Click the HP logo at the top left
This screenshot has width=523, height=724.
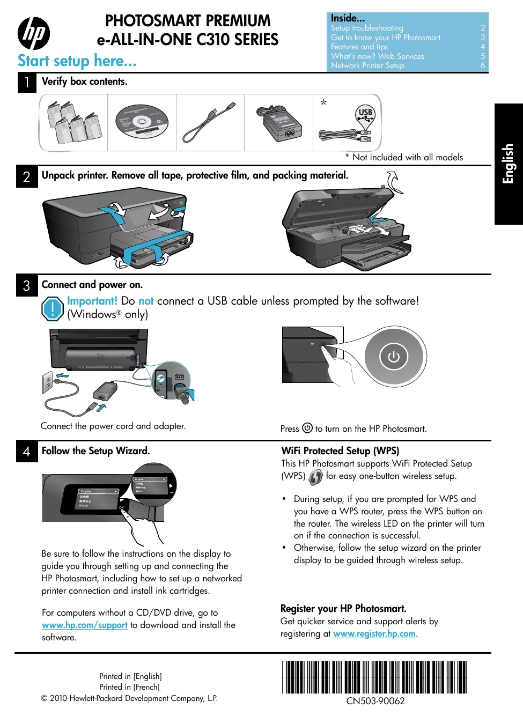click(34, 33)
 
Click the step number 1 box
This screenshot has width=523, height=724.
click(27, 83)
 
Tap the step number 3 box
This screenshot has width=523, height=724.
click(27, 285)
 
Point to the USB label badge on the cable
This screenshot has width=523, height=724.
click(365, 113)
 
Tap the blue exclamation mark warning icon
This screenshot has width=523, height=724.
click(53, 309)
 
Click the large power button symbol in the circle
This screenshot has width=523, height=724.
click(394, 357)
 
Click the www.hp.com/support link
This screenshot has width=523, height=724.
click(85, 625)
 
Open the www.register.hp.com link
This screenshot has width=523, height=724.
click(374, 633)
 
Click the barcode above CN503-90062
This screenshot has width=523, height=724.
click(375, 677)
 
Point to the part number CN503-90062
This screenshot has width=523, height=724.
click(375, 701)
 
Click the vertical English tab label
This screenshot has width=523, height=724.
click(508, 164)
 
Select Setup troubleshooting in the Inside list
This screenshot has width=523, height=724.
click(367, 28)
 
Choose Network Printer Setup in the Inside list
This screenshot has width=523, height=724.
click(367, 65)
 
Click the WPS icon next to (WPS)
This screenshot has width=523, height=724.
click(315, 477)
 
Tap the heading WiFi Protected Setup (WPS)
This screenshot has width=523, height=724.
click(340, 451)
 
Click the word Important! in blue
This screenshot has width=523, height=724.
click(92, 301)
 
